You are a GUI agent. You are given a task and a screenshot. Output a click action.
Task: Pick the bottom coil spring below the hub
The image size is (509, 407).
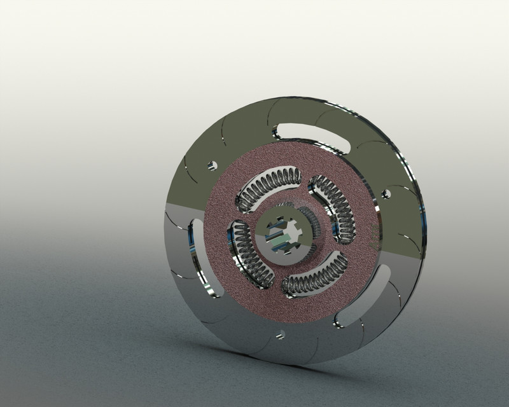(x=314, y=278)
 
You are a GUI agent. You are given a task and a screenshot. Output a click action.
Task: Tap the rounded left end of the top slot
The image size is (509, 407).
(x=279, y=131)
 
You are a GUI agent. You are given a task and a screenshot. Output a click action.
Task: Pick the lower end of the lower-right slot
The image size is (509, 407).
(x=341, y=316)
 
